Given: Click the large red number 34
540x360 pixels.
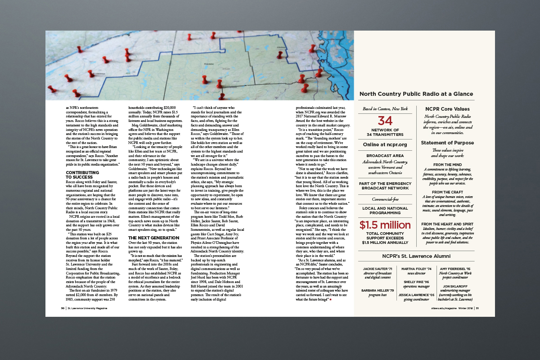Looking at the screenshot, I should pos(385,121).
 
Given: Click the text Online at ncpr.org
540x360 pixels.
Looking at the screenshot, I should pos(385,144).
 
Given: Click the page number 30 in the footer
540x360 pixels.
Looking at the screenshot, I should pos(63,308).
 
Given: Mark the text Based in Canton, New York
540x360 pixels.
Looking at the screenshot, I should pos(385,109).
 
